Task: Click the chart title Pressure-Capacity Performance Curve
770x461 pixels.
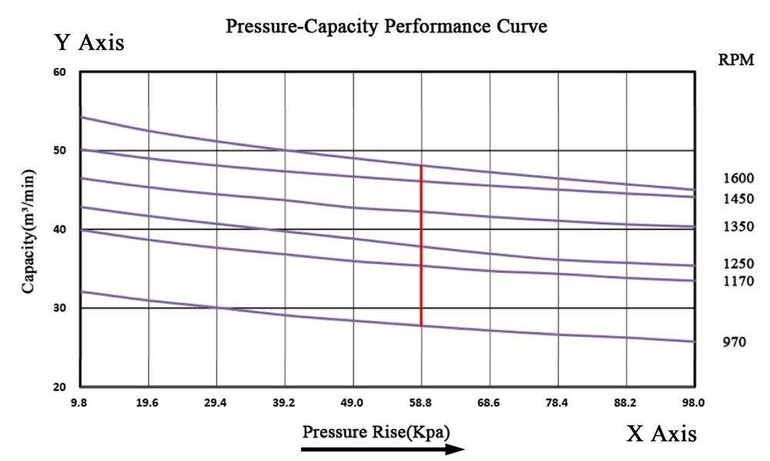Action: tap(386, 27)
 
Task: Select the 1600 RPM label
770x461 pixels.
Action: tap(738, 178)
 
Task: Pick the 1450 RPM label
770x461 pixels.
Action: tap(738, 199)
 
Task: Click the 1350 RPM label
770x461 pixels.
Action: tap(738, 228)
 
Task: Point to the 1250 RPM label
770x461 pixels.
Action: tap(738, 264)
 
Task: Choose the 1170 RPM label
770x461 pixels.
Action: tap(738, 282)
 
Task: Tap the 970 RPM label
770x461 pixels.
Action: tap(734, 342)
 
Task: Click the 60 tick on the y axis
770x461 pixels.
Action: tap(60, 72)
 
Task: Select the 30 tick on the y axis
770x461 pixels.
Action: tap(60, 308)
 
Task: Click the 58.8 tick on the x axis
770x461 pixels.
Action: tap(420, 402)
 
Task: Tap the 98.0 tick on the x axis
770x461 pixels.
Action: tap(693, 402)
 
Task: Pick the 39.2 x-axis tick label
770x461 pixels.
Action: tap(284, 402)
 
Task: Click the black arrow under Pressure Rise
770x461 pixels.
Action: tap(383, 449)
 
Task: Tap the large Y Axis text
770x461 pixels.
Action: tap(89, 42)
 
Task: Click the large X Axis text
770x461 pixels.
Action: tap(661, 433)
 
